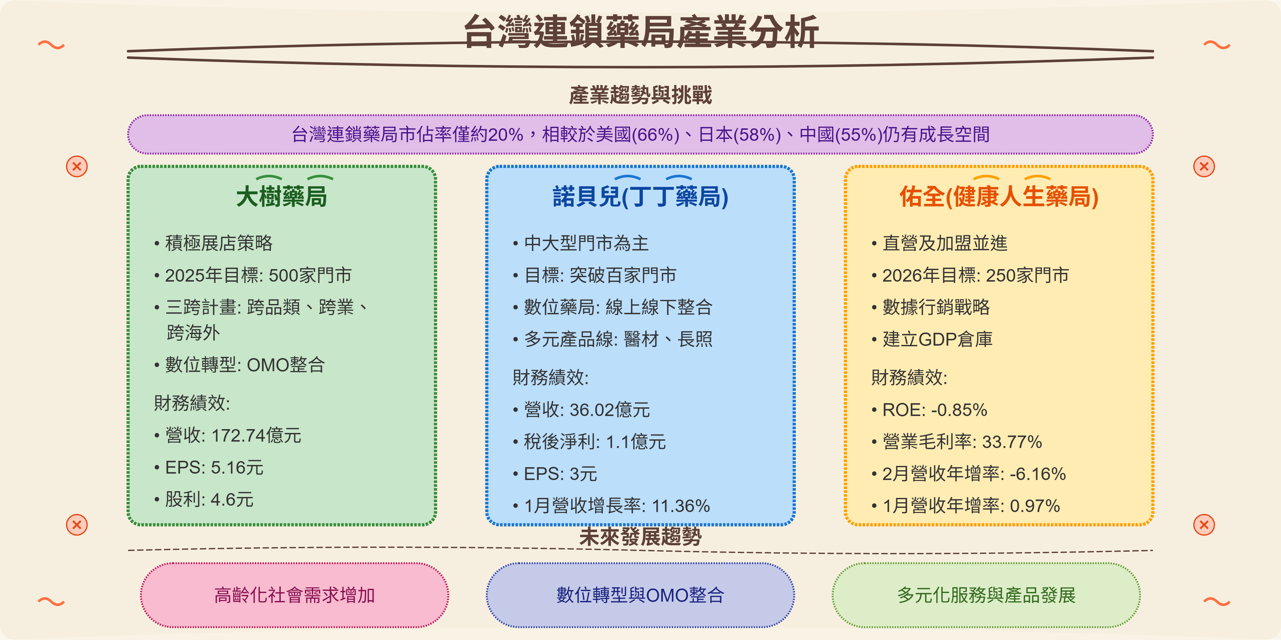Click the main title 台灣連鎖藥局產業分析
(x=640, y=32)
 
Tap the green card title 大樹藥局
(x=281, y=196)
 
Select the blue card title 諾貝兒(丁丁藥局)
(x=640, y=196)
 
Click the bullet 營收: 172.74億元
(x=233, y=435)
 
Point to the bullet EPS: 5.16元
(x=214, y=468)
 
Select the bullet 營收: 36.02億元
(x=587, y=410)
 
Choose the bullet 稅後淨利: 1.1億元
(x=595, y=442)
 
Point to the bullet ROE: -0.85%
(x=934, y=410)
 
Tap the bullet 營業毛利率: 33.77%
(x=962, y=442)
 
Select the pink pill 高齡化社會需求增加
(x=294, y=595)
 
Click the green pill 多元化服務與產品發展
(x=986, y=595)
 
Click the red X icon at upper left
(x=77, y=166)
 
